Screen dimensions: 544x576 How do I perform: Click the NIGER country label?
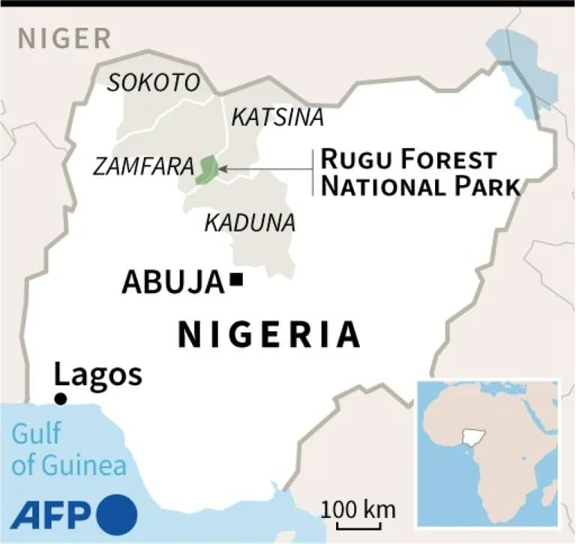[64, 37]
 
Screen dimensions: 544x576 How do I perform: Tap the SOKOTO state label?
[154, 82]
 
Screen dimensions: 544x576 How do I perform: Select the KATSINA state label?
[277, 117]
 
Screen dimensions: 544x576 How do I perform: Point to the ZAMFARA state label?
[143, 166]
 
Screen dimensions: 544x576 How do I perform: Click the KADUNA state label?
[250, 223]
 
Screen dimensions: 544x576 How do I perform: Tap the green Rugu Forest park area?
[205, 170]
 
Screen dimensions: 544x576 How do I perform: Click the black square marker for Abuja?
[238, 281]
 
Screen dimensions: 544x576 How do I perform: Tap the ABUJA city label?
[173, 282]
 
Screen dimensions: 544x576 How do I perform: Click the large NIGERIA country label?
[268, 334]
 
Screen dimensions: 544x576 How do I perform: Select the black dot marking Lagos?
[61, 399]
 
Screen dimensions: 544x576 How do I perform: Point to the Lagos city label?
[97, 374]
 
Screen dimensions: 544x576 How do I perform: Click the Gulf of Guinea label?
[68, 450]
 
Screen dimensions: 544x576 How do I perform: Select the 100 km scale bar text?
[358, 510]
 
